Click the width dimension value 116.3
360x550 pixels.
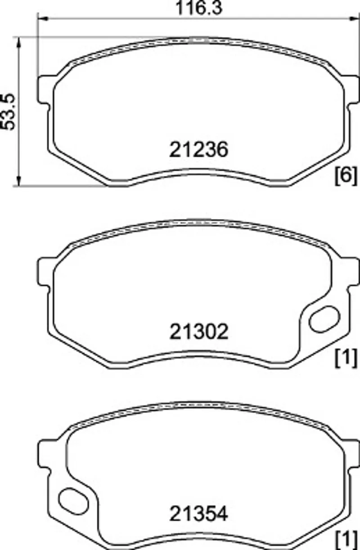pyautogui.click(x=199, y=8)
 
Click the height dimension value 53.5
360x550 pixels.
pyautogui.click(x=8, y=112)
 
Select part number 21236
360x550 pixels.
pyautogui.click(x=199, y=150)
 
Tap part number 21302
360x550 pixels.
pyautogui.click(x=199, y=332)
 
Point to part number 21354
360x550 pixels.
pyautogui.click(x=199, y=514)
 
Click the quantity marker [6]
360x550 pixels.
pyautogui.click(x=346, y=176)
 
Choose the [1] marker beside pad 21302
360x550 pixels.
pyautogui.click(x=346, y=358)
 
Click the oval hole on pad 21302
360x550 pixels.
pyautogui.click(x=324, y=319)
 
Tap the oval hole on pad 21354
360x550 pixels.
pyautogui.click(x=73, y=501)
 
